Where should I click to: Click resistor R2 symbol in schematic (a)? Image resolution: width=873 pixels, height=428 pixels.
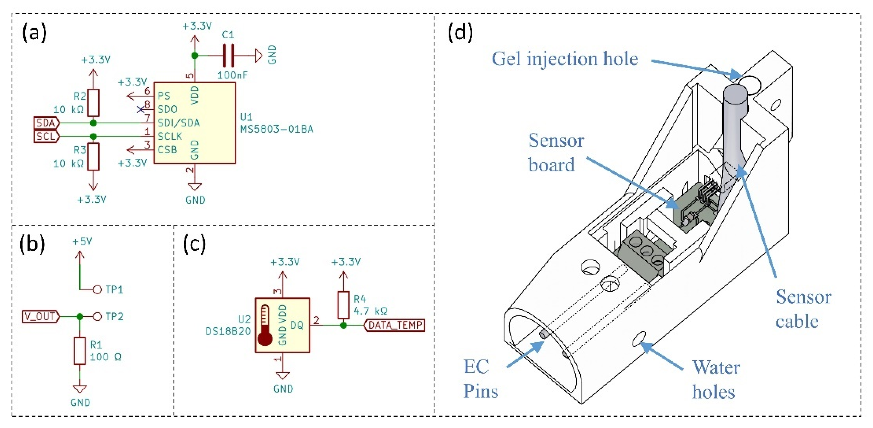pyautogui.click(x=93, y=103)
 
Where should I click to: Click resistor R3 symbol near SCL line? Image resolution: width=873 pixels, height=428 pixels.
pyautogui.click(x=93, y=156)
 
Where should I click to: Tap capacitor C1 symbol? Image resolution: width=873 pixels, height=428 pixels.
pyautogui.click(x=228, y=55)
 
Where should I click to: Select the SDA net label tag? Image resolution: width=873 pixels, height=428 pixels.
pyautogui.click(x=46, y=123)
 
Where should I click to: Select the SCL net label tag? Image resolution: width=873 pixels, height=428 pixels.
pyautogui.click(x=46, y=137)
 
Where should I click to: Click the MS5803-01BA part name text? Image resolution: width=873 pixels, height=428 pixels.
pyautogui.click(x=276, y=129)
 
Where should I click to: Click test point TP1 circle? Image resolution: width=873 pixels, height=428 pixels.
pyautogui.click(x=98, y=290)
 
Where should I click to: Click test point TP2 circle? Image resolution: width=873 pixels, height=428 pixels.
pyautogui.click(x=98, y=317)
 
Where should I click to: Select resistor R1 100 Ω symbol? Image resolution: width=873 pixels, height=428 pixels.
pyautogui.click(x=80, y=351)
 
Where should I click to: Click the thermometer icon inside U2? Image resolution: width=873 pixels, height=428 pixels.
pyautogui.click(x=265, y=325)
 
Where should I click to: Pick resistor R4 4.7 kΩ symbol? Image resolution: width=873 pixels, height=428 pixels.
pyautogui.click(x=343, y=305)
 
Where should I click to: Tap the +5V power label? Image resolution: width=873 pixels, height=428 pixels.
pyautogui.click(x=82, y=242)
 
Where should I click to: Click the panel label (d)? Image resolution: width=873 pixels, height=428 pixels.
pyautogui.click(x=460, y=33)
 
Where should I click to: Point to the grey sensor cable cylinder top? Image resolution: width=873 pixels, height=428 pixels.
pyautogui.click(x=735, y=91)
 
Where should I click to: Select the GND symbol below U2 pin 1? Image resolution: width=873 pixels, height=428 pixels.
pyautogui.click(x=282, y=376)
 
